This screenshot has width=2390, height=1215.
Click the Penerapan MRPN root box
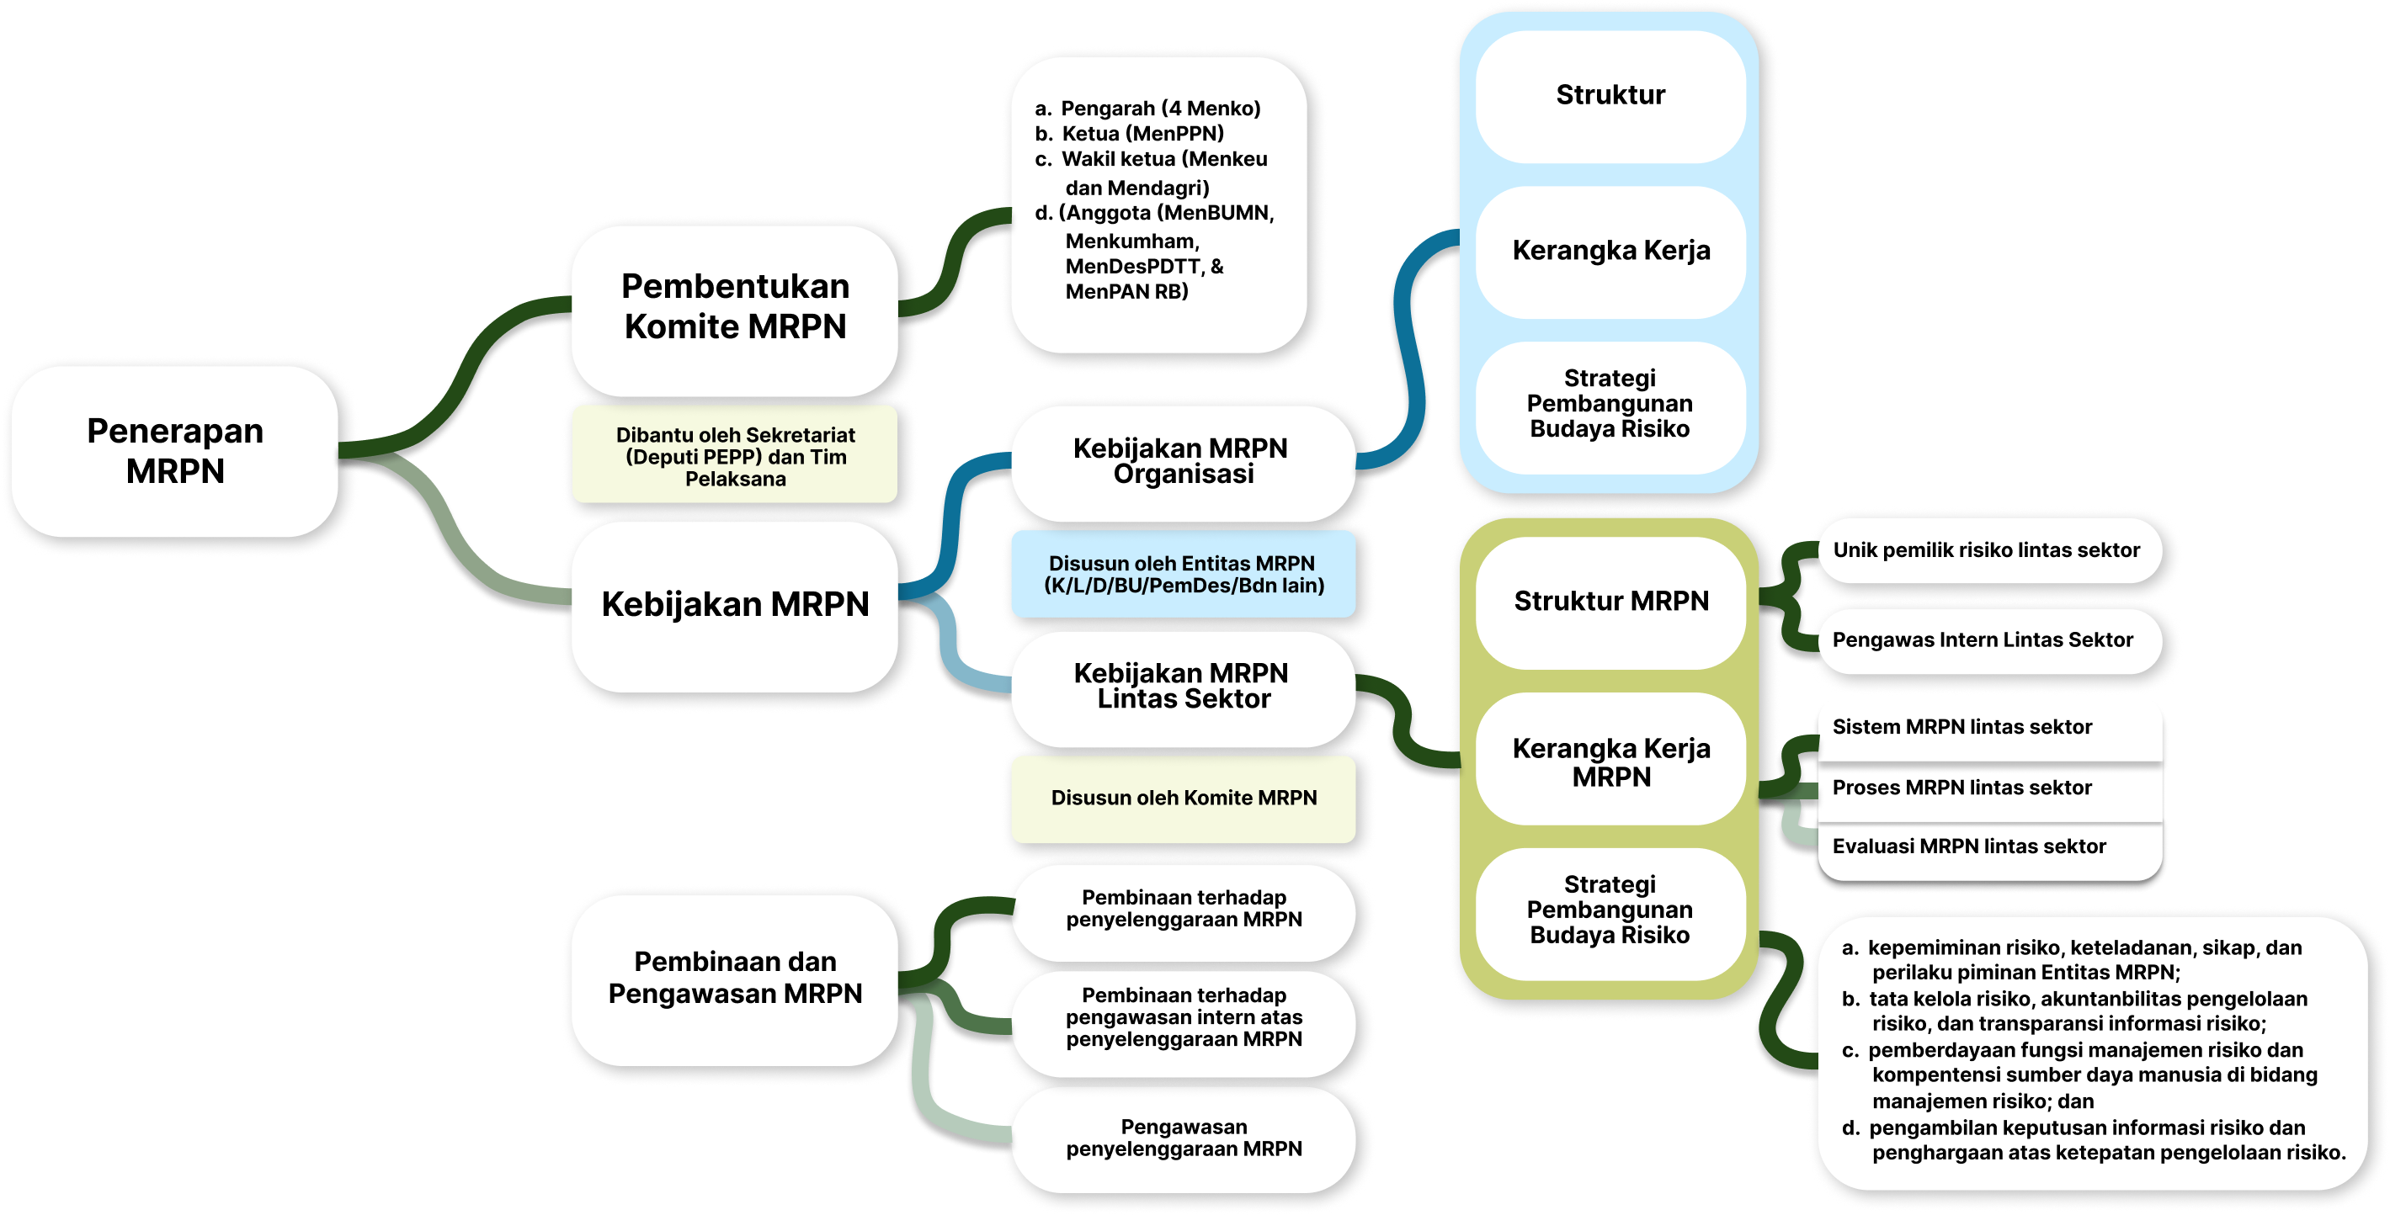coord(175,451)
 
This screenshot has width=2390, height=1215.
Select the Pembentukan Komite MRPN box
coord(735,307)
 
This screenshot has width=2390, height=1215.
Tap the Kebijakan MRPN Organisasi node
coord(1182,461)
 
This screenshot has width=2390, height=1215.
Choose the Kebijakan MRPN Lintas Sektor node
coord(1182,687)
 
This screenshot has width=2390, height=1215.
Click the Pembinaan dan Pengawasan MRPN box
coord(735,978)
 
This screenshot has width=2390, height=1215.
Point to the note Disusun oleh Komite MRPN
coord(1183,798)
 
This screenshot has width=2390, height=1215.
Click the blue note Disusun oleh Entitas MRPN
coord(1183,574)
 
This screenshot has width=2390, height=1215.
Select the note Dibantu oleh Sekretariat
coord(735,456)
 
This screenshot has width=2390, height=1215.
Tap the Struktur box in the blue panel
coord(1610,96)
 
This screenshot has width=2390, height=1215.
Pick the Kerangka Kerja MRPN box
coord(1610,761)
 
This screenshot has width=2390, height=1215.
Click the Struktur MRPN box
coord(1610,601)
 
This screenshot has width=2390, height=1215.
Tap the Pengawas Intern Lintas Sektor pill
coord(1983,640)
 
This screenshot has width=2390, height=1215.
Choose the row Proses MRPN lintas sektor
coord(1962,788)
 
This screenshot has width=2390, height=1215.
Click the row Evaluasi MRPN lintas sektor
coord(1968,846)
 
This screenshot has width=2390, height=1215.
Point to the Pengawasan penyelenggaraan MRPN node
coord(1183,1138)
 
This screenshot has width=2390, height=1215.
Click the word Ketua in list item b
coord(1090,134)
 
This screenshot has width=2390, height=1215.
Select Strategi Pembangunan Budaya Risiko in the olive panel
coord(1610,910)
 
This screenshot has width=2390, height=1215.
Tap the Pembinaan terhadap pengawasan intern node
coord(1183,1017)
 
